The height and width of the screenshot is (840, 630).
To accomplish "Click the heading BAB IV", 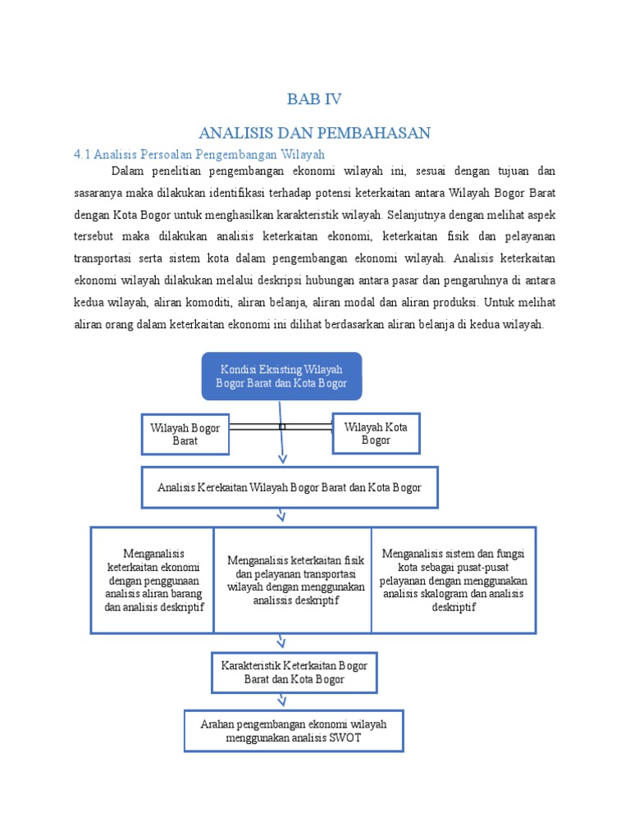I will [314, 99].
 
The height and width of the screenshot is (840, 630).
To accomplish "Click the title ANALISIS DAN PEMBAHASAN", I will [314, 133].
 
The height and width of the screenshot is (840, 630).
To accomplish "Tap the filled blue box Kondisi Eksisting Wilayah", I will [281, 377].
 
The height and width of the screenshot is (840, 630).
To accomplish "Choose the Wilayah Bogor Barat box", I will [185, 434].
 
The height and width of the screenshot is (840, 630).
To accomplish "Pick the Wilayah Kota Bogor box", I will [376, 433].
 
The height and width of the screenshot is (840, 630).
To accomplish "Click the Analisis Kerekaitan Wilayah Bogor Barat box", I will [290, 487].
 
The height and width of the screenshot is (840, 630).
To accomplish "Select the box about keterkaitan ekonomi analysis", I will [153, 580].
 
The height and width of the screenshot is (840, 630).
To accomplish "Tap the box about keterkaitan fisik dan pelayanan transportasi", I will [293, 580].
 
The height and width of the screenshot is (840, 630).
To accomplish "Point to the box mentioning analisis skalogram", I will [454, 580].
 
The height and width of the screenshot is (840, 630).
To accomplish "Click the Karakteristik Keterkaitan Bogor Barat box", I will [293, 672].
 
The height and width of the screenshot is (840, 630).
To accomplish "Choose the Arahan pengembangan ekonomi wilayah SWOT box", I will [293, 730].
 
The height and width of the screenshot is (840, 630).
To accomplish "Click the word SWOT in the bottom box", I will [345, 737].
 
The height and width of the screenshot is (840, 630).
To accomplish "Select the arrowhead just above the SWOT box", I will [282, 700].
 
